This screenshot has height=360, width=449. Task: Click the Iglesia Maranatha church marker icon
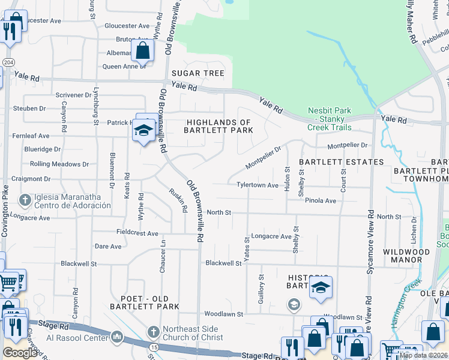(x=25, y=199)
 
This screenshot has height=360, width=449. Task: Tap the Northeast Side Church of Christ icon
(x=152, y=332)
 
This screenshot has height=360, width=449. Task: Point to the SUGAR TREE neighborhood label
(x=197, y=73)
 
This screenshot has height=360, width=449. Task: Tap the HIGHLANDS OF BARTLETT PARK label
(x=217, y=126)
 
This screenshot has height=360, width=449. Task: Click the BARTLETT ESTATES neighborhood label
(x=341, y=162)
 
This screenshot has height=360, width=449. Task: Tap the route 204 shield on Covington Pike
(x=6, y=62)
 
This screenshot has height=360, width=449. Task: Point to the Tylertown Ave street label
(x=257, y=185)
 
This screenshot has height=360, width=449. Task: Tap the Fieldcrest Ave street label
(x=137, y=232)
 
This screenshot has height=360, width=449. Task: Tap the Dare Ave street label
(x=108, y=246)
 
